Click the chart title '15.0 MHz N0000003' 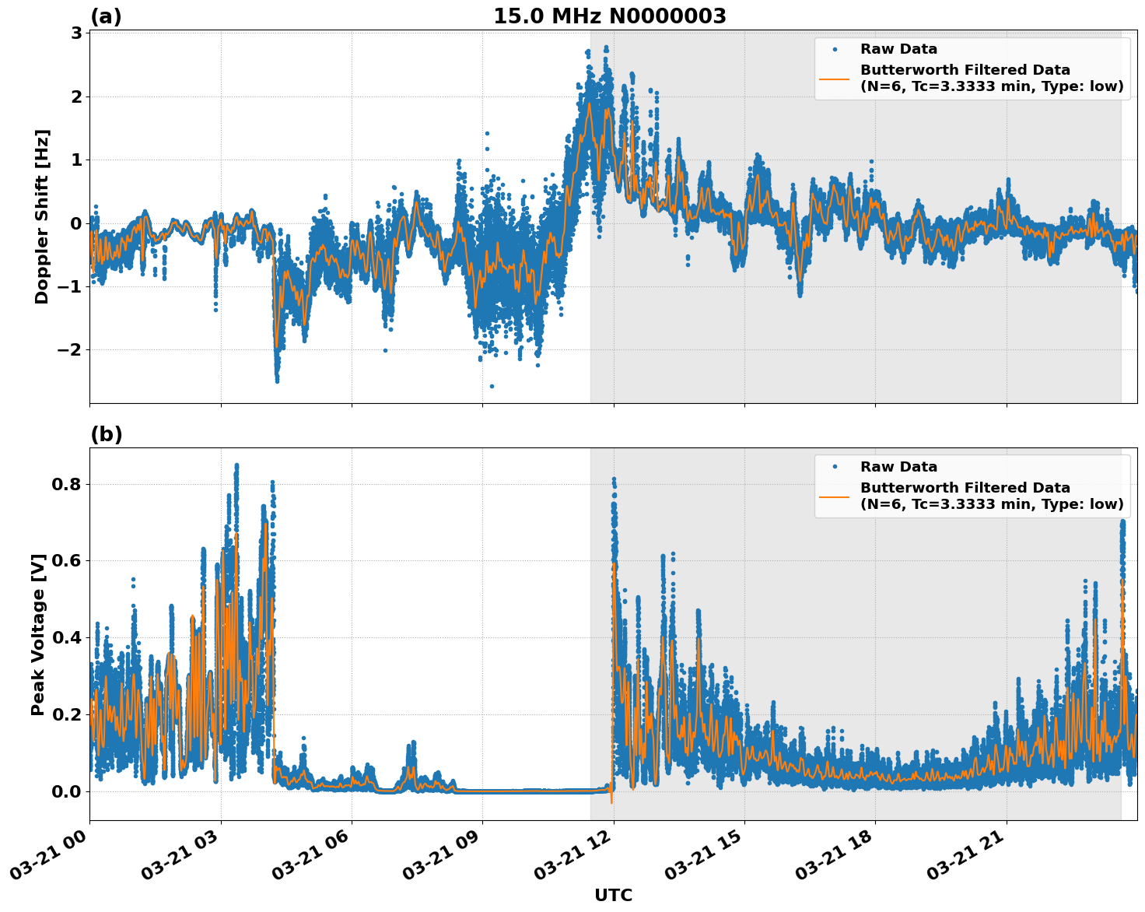click(x=609, y=16)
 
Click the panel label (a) click(x=106, y=16)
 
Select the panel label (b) click(x=106, y=434)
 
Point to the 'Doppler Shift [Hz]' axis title click(x=42, y=216)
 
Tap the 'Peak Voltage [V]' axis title click(x=38, y=634)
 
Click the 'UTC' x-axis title click(x=613, y=895)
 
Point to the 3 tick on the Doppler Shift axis click(x=76, y=33)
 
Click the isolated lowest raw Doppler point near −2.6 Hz click(x=492, y=386)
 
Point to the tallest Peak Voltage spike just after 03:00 click(x=236, y=465)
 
